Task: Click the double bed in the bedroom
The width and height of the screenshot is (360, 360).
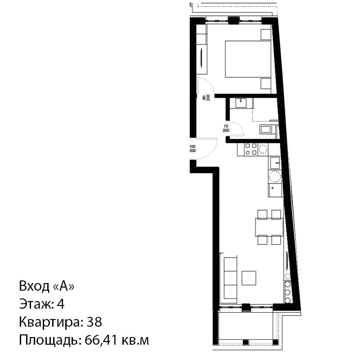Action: (248, 59)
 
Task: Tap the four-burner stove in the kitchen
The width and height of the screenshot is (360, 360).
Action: (251, 149)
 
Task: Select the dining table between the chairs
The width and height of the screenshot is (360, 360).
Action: (269, 227)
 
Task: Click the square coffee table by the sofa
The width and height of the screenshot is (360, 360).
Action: (249, 278)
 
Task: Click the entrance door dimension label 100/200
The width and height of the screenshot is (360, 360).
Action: (193, 148)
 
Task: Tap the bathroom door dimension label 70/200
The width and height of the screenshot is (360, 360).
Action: (226, 128)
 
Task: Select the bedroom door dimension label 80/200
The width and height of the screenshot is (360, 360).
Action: (206, 98)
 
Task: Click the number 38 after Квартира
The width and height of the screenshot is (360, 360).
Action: (94, 322)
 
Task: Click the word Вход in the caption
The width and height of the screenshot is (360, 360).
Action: (34, 286)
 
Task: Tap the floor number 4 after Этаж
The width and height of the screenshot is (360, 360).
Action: (60, 304)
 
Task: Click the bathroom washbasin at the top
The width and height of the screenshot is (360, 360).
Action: (241, 103)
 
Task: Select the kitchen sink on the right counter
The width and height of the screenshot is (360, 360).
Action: (275, 163)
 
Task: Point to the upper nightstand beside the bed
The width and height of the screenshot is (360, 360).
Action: (266, 35)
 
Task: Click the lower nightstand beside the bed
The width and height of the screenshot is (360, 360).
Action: (266, 83)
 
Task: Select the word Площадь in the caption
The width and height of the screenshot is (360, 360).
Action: (48, 341)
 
